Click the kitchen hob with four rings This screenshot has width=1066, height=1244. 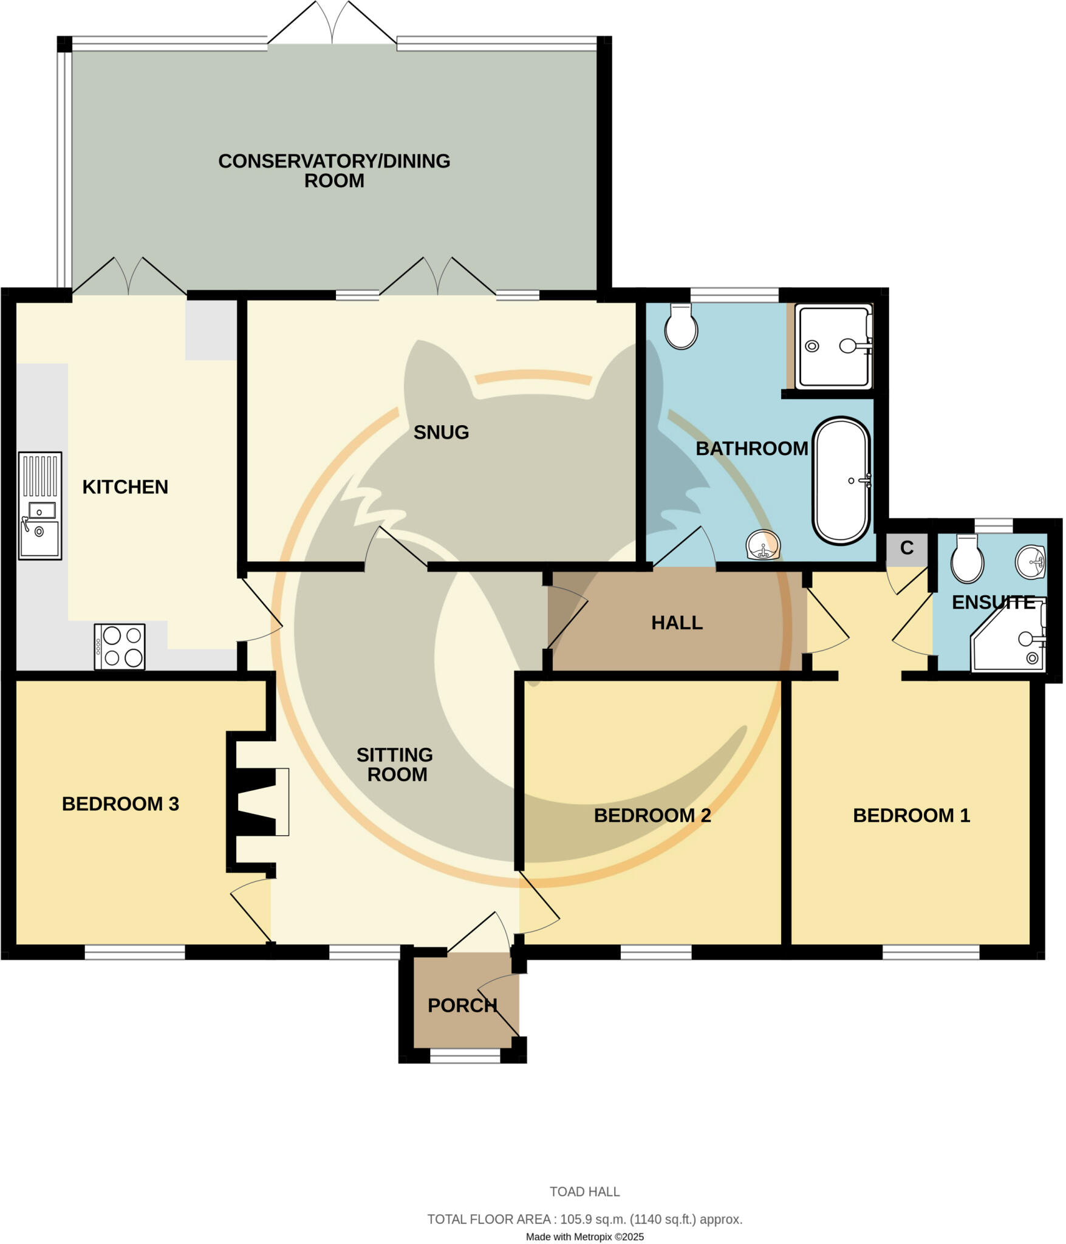120,646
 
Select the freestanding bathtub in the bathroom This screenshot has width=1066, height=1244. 841,480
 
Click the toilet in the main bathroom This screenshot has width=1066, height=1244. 681,327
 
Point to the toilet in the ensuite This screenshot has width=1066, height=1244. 967,559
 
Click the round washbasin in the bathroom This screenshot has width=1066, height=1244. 763,545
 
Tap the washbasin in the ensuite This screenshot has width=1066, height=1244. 1030,561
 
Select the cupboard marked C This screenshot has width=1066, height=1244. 907,549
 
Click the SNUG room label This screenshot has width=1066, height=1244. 441,432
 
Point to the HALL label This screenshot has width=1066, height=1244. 677,623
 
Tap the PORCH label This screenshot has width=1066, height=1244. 462,1005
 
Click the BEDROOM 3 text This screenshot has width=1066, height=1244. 120,804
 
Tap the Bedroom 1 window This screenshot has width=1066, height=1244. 931,952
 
